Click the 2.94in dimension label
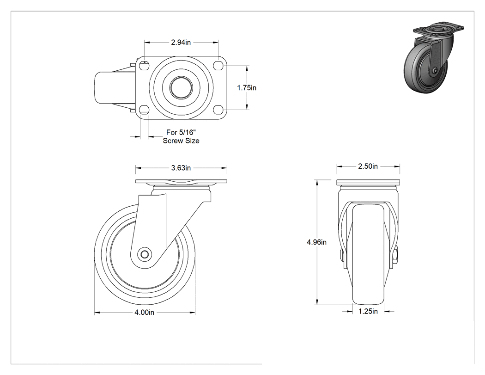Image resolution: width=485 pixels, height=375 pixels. (x=181, y=43)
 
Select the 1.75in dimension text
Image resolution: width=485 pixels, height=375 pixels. (x=247, y=88)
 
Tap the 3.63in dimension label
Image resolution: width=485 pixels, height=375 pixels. (x=181, y=168)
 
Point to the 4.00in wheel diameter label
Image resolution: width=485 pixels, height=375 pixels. (x=144, y=313)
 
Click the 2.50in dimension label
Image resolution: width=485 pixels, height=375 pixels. (x=368, y=166)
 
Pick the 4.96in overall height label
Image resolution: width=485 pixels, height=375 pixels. (x=316, y=242)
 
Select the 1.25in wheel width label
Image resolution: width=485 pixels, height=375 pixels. (x=368, y=311)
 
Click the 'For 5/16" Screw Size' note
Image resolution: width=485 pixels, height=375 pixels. (x=181, y=136)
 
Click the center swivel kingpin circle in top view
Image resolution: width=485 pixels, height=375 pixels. (x=181, y=87)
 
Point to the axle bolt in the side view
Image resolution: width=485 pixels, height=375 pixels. (x=144, y=254)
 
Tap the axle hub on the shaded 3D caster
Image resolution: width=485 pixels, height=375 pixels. (x=435, y=71)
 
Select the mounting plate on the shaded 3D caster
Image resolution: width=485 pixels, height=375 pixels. (x=439, y=30)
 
